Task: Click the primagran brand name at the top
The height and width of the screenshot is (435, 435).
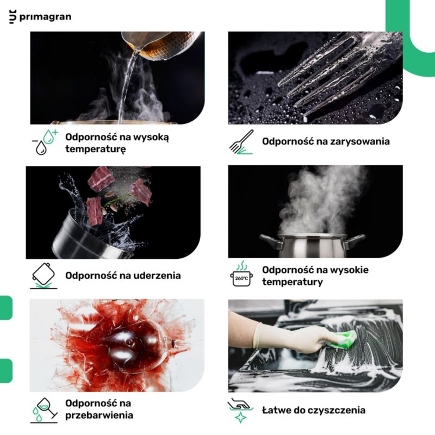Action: coord(45,17)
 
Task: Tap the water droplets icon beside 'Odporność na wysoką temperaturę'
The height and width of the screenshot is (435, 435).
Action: coord(45,142)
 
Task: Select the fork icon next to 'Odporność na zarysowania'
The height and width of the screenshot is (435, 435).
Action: coord(241,142)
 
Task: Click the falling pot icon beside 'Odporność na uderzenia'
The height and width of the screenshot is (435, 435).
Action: coord(44,276)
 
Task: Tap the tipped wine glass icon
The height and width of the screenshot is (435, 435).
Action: coord(44,411)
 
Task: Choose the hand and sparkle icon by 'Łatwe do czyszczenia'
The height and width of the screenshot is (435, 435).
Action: coord(240,411)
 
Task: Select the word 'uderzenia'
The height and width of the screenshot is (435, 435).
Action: coord(157,276)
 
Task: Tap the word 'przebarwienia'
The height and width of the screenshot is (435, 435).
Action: coord(99,415)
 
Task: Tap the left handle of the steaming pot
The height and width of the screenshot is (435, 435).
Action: coord(268,241)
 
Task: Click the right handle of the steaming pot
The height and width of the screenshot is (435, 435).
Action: coord(355,241)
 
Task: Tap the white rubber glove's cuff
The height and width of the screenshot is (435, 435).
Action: coord(258,335)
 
